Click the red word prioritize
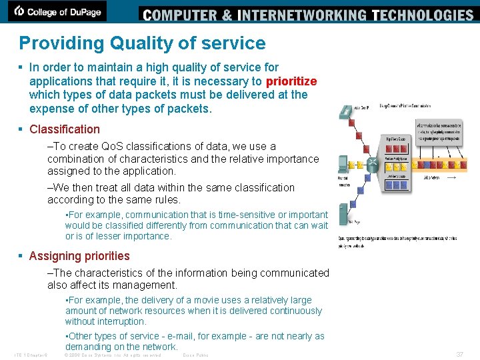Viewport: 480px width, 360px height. point(291,81)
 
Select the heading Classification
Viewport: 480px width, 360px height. point(65,129)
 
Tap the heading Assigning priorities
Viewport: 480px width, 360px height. point(79,256)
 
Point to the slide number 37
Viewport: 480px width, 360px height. point(459,354)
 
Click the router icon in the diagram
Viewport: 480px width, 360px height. point(375,163)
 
